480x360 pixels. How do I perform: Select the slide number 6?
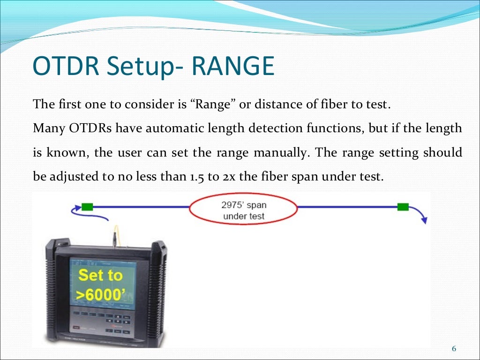click(x=453, y=349)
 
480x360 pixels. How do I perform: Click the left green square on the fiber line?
click(x=87, y=207)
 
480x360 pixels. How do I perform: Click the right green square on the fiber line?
click(x=403, y=207)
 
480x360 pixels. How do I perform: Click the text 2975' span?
click(x=243, y=205)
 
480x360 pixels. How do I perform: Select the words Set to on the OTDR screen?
click(x=100, y=275)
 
